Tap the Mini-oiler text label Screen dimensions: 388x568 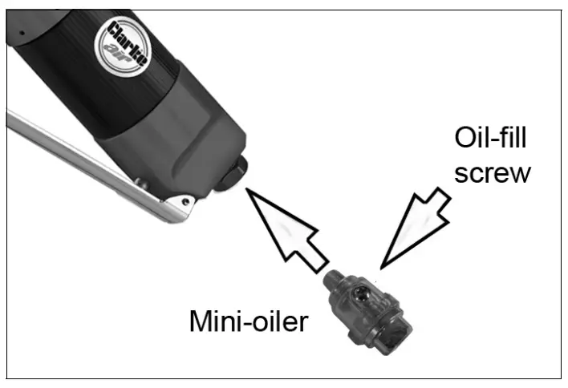(x=249, y=321)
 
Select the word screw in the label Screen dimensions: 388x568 (x=493, y=172)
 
